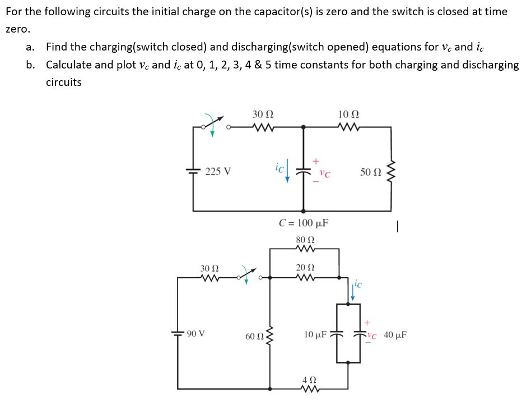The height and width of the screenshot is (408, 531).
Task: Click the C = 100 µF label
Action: (x=304, y=223)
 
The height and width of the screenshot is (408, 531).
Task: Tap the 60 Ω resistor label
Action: (x=255, y=337)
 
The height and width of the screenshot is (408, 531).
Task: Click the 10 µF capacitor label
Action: (x=316, y=335)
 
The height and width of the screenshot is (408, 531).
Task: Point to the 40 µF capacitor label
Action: (x=395, y=336)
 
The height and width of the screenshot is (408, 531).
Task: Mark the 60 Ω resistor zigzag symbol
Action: (x=272, y=337)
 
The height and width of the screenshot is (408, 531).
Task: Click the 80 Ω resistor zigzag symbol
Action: (x=305, y=249)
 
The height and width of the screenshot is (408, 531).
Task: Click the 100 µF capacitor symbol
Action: (x=304, y=169)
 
